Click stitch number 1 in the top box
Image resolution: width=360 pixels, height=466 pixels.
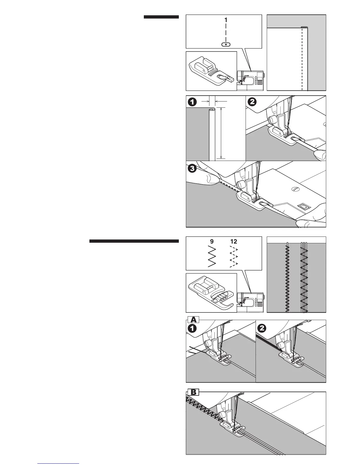pyautogui.click(x=226, y=20)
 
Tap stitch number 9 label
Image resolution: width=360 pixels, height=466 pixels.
pyautogui.click(x=212, y=242)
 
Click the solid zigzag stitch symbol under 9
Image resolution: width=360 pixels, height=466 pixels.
pyautogui.click(x=212, y=257)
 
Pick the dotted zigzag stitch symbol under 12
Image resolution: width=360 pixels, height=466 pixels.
pyautogui.click(x=234, y=257)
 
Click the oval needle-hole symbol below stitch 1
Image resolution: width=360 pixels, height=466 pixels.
pyautogui.click(x=226, y=44)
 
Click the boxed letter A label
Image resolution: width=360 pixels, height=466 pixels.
pyautogui.click(x=193, y=319)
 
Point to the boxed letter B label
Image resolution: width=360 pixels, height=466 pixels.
pyautogui.click(x=194, y=392)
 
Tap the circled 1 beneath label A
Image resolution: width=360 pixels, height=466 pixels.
pyautogui.click(x=193, y=328)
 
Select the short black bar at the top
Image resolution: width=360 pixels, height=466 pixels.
pyautogui.click(x=161, y=17)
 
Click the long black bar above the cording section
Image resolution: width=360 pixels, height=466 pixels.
pyautogui.click(x=134, y=242)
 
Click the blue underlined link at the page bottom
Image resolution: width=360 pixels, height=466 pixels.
pyautogui.click(x=59, y=464)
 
